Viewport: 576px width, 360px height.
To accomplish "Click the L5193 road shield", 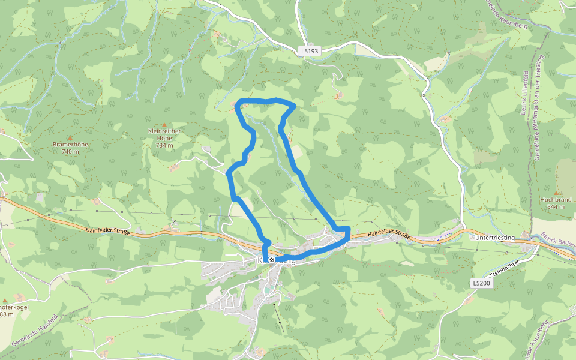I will tap(310, 52).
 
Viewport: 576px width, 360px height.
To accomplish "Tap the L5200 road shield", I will tap(481, 283).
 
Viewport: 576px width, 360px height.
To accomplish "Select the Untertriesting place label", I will tap(495, 238).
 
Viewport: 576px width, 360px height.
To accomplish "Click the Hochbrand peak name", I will tap(556, 199).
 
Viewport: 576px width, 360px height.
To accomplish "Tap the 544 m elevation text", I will tap(556, 206).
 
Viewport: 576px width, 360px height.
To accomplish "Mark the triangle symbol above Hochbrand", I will tap(556, 193).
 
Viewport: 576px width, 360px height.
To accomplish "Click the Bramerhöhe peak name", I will tap(70, 145).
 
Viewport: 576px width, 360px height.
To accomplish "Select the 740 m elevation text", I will tap(70, 152).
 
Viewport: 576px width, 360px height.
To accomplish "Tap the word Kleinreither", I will tap(164, 131).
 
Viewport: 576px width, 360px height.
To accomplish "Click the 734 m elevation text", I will tap(164, 145).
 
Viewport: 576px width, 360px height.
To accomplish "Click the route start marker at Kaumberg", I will tap(272, 260).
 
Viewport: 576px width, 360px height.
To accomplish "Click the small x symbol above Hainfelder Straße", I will tap(174, 221).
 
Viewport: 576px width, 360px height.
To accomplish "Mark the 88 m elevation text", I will tap(6, 314).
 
